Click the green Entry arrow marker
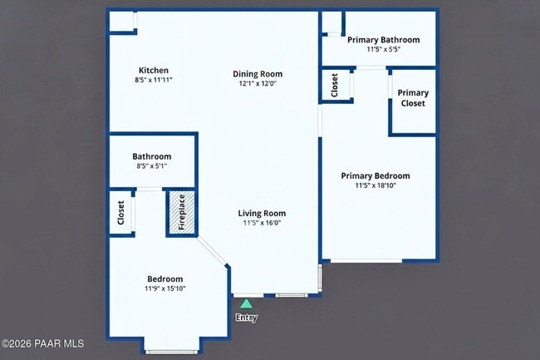tap(246, 304)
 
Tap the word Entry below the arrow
tap(246, 318)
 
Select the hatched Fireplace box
tap(182, 213)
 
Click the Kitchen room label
tap(154, 71)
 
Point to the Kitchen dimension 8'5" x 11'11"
tap(154, 81)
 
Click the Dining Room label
tap(258, 74)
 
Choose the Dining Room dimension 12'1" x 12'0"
tap(258, 84)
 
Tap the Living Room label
tap(262, 213)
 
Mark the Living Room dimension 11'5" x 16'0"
tap(262, 223)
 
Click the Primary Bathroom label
tap(383, 39)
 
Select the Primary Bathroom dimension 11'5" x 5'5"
tap(383, 49)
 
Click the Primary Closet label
tap(413, 98)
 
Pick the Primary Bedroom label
tap(376, 175)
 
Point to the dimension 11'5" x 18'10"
tap(376, 185)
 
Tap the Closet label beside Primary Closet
tap(335, 86)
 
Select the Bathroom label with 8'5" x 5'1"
tap(152, 156)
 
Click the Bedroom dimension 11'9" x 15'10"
tap(165, 288)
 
